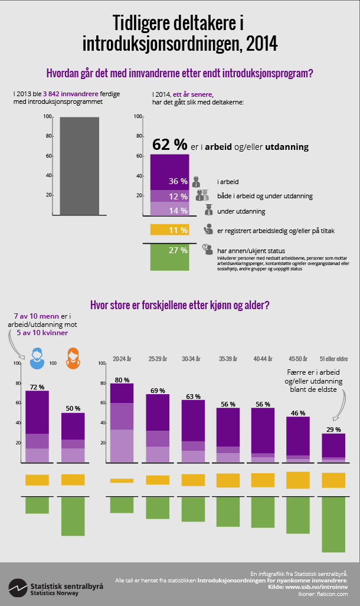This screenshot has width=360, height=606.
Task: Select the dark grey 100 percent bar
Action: [x=79, y=165]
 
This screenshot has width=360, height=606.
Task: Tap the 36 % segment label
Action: [x=178, y=181]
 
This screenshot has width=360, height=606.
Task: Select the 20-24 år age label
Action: [x=122, y=359]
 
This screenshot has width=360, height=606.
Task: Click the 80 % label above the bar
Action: [x=122, y=379]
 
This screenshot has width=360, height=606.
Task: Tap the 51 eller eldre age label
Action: [x=333, y=359]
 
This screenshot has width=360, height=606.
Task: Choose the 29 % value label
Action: [x=333, y=430]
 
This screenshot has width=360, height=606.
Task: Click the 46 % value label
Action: [x=298, y=412]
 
